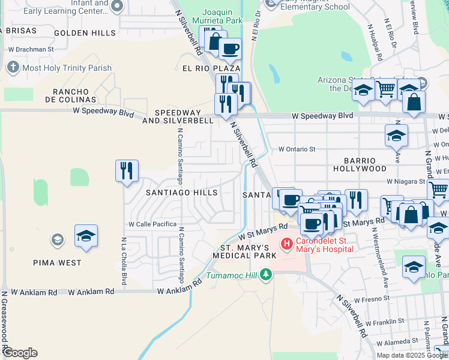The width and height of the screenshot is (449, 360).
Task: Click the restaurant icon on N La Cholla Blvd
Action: (x=127, y=171)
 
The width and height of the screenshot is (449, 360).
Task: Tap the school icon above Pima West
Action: (x=86, y=236)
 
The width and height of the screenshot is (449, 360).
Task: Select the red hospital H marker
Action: (x=287, y=243)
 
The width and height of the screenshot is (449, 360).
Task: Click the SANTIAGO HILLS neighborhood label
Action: (x=182, y=193)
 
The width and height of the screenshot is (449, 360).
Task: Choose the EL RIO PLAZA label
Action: (x=211, y=69)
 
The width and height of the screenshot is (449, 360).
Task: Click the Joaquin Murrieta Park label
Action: (x=222, y=16)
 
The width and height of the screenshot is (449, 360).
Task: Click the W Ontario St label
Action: (x=297, y=149)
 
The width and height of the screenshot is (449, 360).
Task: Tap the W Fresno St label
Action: (x=372, y=298)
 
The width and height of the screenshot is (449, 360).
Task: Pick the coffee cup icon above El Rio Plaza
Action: (x=229, y=49)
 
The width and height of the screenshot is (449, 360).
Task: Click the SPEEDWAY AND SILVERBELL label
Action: (x=184, y=116)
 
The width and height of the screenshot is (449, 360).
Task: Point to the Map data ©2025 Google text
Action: (x=412, y=355)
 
